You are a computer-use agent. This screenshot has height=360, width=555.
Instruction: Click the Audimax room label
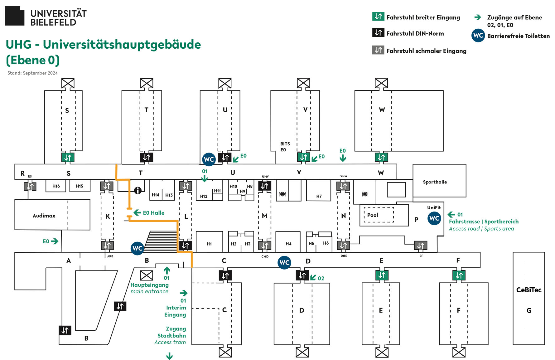coord(44,216)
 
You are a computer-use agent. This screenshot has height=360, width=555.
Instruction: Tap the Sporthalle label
coord(435,182)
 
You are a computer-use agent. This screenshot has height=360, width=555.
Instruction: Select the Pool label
coord(373,215)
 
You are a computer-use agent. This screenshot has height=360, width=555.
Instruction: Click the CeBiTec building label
coord(529,290)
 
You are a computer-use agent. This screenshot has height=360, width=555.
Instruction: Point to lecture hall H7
coord(319,196)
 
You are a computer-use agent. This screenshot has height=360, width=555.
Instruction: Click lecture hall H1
coord(209,244)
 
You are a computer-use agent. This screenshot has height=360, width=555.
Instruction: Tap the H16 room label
coord(56,186)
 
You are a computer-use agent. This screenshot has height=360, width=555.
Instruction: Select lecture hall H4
coord(288,244)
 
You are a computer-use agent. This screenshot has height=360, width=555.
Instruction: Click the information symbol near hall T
coord(138,190)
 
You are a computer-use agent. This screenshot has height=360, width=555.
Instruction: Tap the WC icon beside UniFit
coord(434,218)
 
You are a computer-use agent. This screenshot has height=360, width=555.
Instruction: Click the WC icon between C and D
coord(284,262)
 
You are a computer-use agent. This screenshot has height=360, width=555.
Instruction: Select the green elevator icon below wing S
coord(68,158)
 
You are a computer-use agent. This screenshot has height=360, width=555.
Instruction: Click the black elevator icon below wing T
coord(147,158)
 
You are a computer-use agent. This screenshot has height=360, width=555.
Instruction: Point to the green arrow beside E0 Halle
coord(137,213)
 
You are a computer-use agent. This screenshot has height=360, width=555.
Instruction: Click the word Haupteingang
coord(149,285)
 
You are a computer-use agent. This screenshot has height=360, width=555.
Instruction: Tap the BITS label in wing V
coord(285,144)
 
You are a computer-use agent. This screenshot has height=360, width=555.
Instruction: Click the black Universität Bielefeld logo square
coord(15,16)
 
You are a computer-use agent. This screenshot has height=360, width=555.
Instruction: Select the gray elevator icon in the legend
coord(378,50)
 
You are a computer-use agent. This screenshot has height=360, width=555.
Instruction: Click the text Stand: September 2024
coord(32,73)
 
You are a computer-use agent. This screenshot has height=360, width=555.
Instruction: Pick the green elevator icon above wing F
coord(459,275)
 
